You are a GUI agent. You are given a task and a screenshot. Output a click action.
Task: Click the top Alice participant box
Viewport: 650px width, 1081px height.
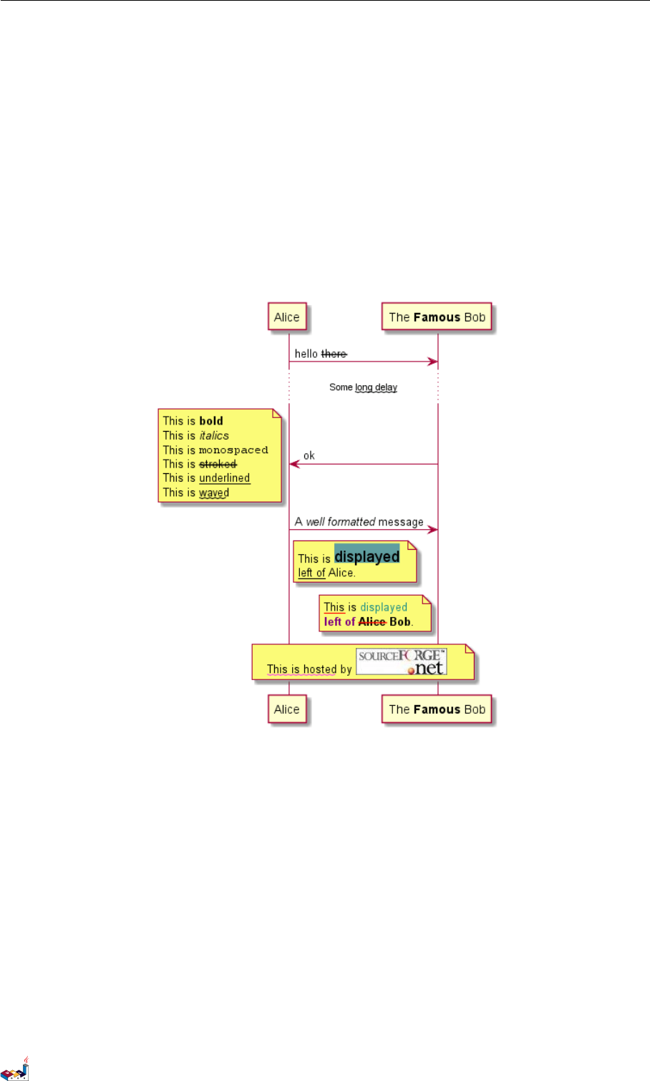point(287,317)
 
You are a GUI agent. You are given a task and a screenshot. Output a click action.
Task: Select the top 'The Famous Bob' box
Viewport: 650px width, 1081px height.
point(437,317)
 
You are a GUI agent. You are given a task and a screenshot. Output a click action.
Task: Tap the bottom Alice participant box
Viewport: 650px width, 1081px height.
point(287,709)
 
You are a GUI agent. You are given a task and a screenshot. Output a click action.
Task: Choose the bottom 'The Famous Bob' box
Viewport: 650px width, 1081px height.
point(437,709)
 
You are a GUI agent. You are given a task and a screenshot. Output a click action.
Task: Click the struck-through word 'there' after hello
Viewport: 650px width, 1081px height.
point(334,354)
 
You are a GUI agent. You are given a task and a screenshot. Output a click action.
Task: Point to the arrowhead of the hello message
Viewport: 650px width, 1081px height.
point(433,362)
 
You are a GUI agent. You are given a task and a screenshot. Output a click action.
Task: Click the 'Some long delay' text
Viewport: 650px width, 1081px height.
point(363,387)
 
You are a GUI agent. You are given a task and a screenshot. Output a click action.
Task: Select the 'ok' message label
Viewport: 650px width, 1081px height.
point(309,455)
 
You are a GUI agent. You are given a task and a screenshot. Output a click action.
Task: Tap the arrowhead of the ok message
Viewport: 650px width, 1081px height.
point(294,464)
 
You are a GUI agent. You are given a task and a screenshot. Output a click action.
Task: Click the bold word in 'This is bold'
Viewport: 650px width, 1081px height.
point(211,421)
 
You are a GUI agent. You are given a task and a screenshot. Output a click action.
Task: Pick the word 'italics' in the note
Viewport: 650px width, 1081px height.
point(214,435)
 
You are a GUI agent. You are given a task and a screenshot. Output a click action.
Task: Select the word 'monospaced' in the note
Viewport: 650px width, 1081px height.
point(233,450)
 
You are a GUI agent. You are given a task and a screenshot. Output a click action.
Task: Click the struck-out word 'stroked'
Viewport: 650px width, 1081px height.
point(218,464)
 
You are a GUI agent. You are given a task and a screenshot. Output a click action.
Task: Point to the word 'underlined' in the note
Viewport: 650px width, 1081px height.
point(224,478)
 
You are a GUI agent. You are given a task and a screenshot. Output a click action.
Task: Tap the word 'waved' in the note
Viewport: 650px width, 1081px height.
point(214,493)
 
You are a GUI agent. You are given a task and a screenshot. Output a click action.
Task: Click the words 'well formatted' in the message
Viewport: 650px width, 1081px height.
point(341,522)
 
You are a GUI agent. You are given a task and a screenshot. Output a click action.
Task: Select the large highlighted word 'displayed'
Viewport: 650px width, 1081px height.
point(367,556)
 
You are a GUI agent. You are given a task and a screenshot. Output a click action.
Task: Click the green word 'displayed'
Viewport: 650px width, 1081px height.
point(384,607)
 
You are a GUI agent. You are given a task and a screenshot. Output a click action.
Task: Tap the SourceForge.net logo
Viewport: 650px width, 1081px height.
point(402,661)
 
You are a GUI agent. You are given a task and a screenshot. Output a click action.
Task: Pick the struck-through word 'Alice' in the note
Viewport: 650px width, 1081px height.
point(372,621)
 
